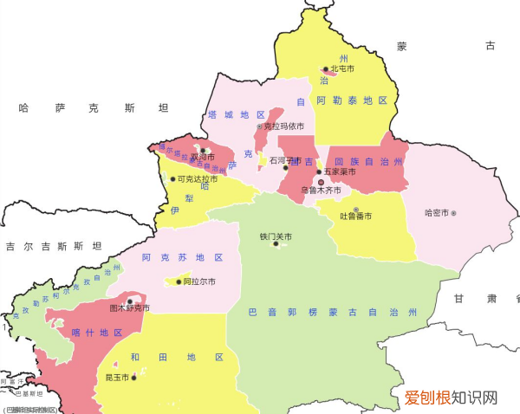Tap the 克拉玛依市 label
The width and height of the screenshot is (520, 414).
283,126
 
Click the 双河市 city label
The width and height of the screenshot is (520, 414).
204,158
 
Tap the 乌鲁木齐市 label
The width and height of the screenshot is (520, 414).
322,190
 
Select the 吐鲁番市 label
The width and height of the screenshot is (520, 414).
355,216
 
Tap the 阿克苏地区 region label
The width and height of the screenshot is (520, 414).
183,258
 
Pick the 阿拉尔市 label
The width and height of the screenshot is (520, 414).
199,281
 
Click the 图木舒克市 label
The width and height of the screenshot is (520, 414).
129,307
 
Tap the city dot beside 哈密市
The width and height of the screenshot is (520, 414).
452,212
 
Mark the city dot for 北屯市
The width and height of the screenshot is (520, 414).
326,69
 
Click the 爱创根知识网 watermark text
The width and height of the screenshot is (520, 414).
455,398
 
